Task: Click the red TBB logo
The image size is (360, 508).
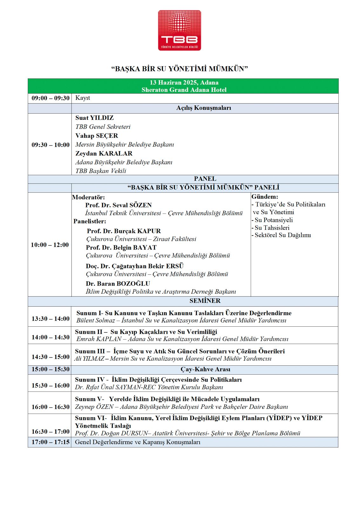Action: tap(180, 30)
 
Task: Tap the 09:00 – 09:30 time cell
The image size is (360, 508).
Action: tap(50, 98)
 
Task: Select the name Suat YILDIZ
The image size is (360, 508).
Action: tap(94, 118)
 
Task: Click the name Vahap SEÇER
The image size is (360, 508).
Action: tap(97, 136)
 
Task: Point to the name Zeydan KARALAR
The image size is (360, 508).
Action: tap(104, 153)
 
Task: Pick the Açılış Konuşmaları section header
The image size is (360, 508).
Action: tap(204, 108)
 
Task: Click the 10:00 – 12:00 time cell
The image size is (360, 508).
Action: tap(50, 245)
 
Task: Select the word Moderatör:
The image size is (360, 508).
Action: tap(88, 197)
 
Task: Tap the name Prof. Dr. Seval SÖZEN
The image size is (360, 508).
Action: tap(118, 205)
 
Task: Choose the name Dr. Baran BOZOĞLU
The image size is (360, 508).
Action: tap(118, 284)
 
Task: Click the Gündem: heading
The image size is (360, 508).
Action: tap(265, 197)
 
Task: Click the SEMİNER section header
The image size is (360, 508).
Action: tap(205, 301)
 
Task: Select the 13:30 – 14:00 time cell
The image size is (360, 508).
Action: tap(50, 318)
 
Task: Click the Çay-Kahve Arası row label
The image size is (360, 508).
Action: tap(205, 369)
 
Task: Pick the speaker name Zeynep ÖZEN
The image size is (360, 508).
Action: tap(94, 407)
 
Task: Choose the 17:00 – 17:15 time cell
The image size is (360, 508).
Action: tap(50, 442)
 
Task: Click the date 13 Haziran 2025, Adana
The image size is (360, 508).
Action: tap(184, 83)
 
